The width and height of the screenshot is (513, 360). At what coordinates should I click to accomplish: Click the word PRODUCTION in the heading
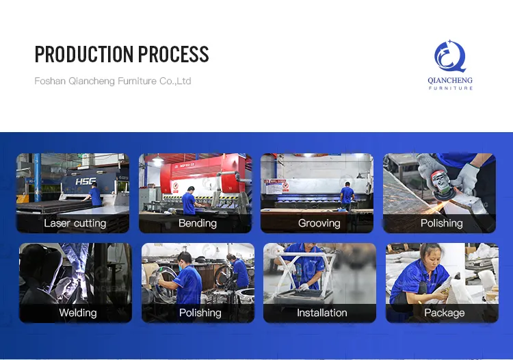[x=84, y=54]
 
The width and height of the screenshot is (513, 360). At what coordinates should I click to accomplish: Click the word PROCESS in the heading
[x=174, y=54]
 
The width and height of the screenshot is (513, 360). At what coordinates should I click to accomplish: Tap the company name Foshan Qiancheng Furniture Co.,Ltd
[x=113, y=81]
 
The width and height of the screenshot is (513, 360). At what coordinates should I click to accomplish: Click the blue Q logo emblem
[x=450, y=57]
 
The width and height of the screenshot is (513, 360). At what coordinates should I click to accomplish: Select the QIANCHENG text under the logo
[x=450, y=80]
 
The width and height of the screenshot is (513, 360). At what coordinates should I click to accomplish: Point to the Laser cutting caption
[x=75, y=223]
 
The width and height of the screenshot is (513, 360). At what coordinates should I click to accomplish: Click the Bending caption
[x=197, y=223]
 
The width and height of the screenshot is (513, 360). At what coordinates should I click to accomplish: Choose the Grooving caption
[x=319, y=223]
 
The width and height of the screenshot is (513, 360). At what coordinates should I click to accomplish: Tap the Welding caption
[x=77, y=313]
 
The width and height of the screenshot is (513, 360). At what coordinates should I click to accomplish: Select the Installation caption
[x=321, y=313]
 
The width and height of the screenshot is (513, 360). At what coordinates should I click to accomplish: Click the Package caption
[x=444, y=313]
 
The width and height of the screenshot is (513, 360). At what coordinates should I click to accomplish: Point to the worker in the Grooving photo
[x=347, y=194]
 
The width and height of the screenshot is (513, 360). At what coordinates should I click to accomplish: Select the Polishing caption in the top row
[x=441, y=223]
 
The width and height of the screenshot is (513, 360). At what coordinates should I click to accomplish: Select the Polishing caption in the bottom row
[x=200, y=313]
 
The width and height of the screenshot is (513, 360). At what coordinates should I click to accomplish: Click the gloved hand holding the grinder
[x=466, y=177]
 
